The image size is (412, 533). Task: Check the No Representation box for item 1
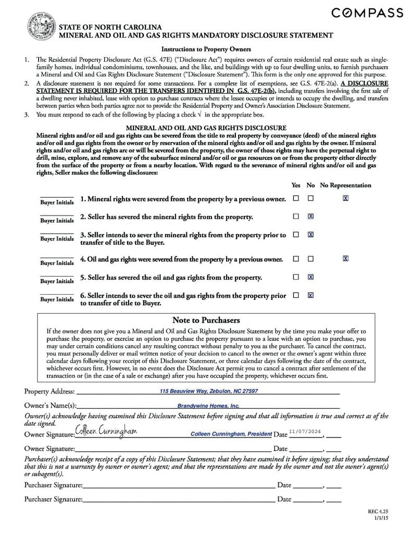point(345,198)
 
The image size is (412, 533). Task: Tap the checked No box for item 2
point(310,217)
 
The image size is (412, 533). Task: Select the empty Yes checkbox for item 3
point(296,235)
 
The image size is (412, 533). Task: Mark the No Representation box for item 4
point(345,259)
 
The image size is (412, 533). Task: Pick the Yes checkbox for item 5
point(296,277)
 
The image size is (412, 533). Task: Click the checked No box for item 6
point(310,295)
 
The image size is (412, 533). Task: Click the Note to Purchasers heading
point(206,320)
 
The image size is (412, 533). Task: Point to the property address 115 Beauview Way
point(208,391)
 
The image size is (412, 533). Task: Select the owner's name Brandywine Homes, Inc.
point(208,405)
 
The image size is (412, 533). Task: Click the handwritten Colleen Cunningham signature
point(106,431)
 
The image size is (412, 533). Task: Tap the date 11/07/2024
point(305,432)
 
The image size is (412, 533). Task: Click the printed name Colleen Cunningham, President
point(231,434)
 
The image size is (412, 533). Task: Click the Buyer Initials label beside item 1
point(57,202)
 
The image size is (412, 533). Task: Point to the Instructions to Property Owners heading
point(206,49)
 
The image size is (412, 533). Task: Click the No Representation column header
point(345,185)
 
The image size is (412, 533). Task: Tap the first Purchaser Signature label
point(53,485)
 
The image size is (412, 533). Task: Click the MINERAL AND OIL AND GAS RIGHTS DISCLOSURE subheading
point(206,128)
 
